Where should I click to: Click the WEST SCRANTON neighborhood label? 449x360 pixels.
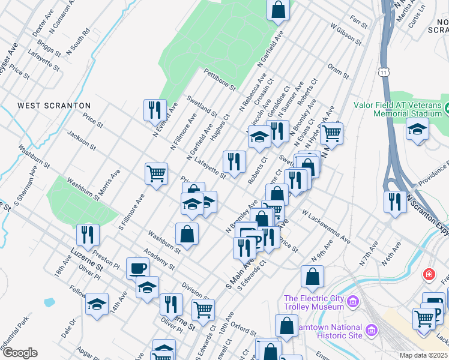54,106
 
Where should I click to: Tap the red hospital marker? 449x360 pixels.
429,275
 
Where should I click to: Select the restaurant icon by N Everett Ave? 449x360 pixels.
155,110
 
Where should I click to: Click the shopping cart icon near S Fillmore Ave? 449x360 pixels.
156,174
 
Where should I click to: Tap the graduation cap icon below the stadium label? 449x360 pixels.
417,129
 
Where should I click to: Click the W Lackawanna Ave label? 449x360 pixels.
327,226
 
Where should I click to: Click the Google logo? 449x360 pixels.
20,353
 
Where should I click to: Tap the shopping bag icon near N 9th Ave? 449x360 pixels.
312,277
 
